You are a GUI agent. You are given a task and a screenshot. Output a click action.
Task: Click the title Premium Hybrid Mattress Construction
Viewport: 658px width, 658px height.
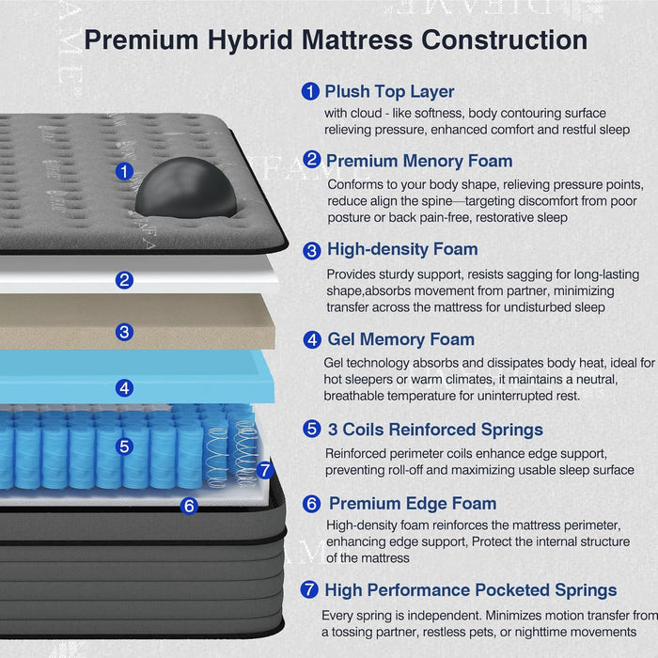point(336,40)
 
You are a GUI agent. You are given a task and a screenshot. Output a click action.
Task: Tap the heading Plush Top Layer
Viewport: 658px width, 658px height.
point(389,92)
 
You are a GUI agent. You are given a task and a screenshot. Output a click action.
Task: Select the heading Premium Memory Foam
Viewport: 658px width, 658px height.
point(418,161)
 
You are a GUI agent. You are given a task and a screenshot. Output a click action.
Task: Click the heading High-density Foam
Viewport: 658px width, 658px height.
point(402,250)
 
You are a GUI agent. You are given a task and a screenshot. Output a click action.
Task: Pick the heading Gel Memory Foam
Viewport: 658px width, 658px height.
point(400,339)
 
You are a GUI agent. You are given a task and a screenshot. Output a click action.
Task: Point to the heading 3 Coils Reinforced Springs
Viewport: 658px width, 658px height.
point(435,430)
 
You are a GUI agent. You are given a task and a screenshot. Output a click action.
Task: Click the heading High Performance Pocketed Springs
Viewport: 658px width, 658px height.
point(470,590)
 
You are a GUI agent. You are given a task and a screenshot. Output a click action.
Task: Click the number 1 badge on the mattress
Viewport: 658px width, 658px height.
point(124,171)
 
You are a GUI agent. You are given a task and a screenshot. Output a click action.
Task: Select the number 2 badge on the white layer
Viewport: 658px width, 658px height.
point(125,279)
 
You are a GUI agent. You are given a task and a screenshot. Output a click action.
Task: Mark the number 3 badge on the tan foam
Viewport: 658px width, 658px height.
point(125,332)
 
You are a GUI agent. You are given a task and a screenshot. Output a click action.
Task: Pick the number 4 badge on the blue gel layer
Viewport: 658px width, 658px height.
point(125,386)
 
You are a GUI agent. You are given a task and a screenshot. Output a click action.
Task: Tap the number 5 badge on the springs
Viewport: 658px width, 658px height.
point(125,446)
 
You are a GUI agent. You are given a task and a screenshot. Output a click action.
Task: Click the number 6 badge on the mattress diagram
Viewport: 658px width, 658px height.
point(189,506)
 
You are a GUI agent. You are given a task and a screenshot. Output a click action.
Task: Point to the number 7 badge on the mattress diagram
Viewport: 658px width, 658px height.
point(264,470)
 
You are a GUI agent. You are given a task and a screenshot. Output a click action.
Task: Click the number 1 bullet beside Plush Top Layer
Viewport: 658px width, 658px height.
point(310,92)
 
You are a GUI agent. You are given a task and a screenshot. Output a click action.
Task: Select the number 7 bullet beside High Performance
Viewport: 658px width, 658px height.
point(309,590)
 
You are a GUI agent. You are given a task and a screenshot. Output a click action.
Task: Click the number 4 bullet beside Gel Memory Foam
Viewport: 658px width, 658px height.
point(312,339)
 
